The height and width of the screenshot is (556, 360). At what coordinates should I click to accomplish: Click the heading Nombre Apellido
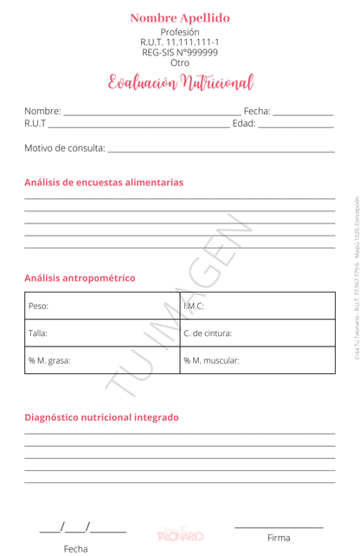click(x=180, y=17)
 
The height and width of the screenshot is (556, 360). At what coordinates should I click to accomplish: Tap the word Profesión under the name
click(x=180, y=32)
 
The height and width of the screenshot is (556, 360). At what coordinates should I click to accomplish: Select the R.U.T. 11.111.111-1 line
click(x=180, y=42)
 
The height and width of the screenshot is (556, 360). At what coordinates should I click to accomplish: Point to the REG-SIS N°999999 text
click(x=180, y=52)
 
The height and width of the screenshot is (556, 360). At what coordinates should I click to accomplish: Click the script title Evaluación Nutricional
click(x=180, y=83)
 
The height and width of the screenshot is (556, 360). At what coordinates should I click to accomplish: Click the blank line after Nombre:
click(x=152, y=113)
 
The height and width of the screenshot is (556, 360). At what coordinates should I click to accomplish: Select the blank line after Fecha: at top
click(x=303, y=113)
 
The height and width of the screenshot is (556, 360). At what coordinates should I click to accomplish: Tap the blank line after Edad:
click(x=296, y=126)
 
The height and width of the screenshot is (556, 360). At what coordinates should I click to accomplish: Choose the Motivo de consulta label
click(x=64, y=148)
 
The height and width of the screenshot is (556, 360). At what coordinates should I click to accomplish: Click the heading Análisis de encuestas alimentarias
click(x=104, y=183)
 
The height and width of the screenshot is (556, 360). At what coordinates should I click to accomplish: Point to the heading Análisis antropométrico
click(x=80, y=278)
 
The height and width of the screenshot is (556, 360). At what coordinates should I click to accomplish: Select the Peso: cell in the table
click(x=102, y=306)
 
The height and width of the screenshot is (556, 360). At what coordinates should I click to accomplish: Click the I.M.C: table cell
click(x=258, y=306)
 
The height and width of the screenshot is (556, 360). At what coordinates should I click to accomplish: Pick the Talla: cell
click(x=102, y=333)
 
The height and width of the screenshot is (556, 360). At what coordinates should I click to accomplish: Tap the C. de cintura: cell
click(x=258, y=333)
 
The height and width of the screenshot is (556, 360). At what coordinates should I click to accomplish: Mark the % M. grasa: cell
click(x=102, y=359)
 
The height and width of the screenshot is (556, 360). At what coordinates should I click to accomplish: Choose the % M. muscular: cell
click(x=258, y=359)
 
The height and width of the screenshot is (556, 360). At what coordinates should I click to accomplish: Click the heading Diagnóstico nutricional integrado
click(x=101, y=417)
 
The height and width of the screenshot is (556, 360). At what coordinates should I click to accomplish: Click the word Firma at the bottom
click(x=279, y=538)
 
